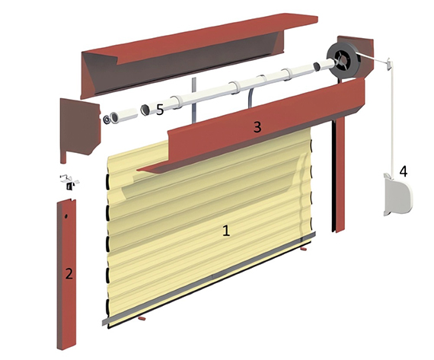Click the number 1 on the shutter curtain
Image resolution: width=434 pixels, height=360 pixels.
point(226,231)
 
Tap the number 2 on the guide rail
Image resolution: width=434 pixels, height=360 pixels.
point(69,274)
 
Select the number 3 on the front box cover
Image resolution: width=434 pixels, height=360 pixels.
point(257,127)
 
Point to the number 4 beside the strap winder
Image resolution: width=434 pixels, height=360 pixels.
point(403,171)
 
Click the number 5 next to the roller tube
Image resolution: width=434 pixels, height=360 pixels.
point(160,110)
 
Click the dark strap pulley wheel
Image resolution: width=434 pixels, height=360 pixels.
point(343,59)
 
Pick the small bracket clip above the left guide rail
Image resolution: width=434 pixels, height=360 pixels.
point(69,182)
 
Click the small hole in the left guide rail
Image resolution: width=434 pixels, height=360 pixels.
point(66,216)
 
